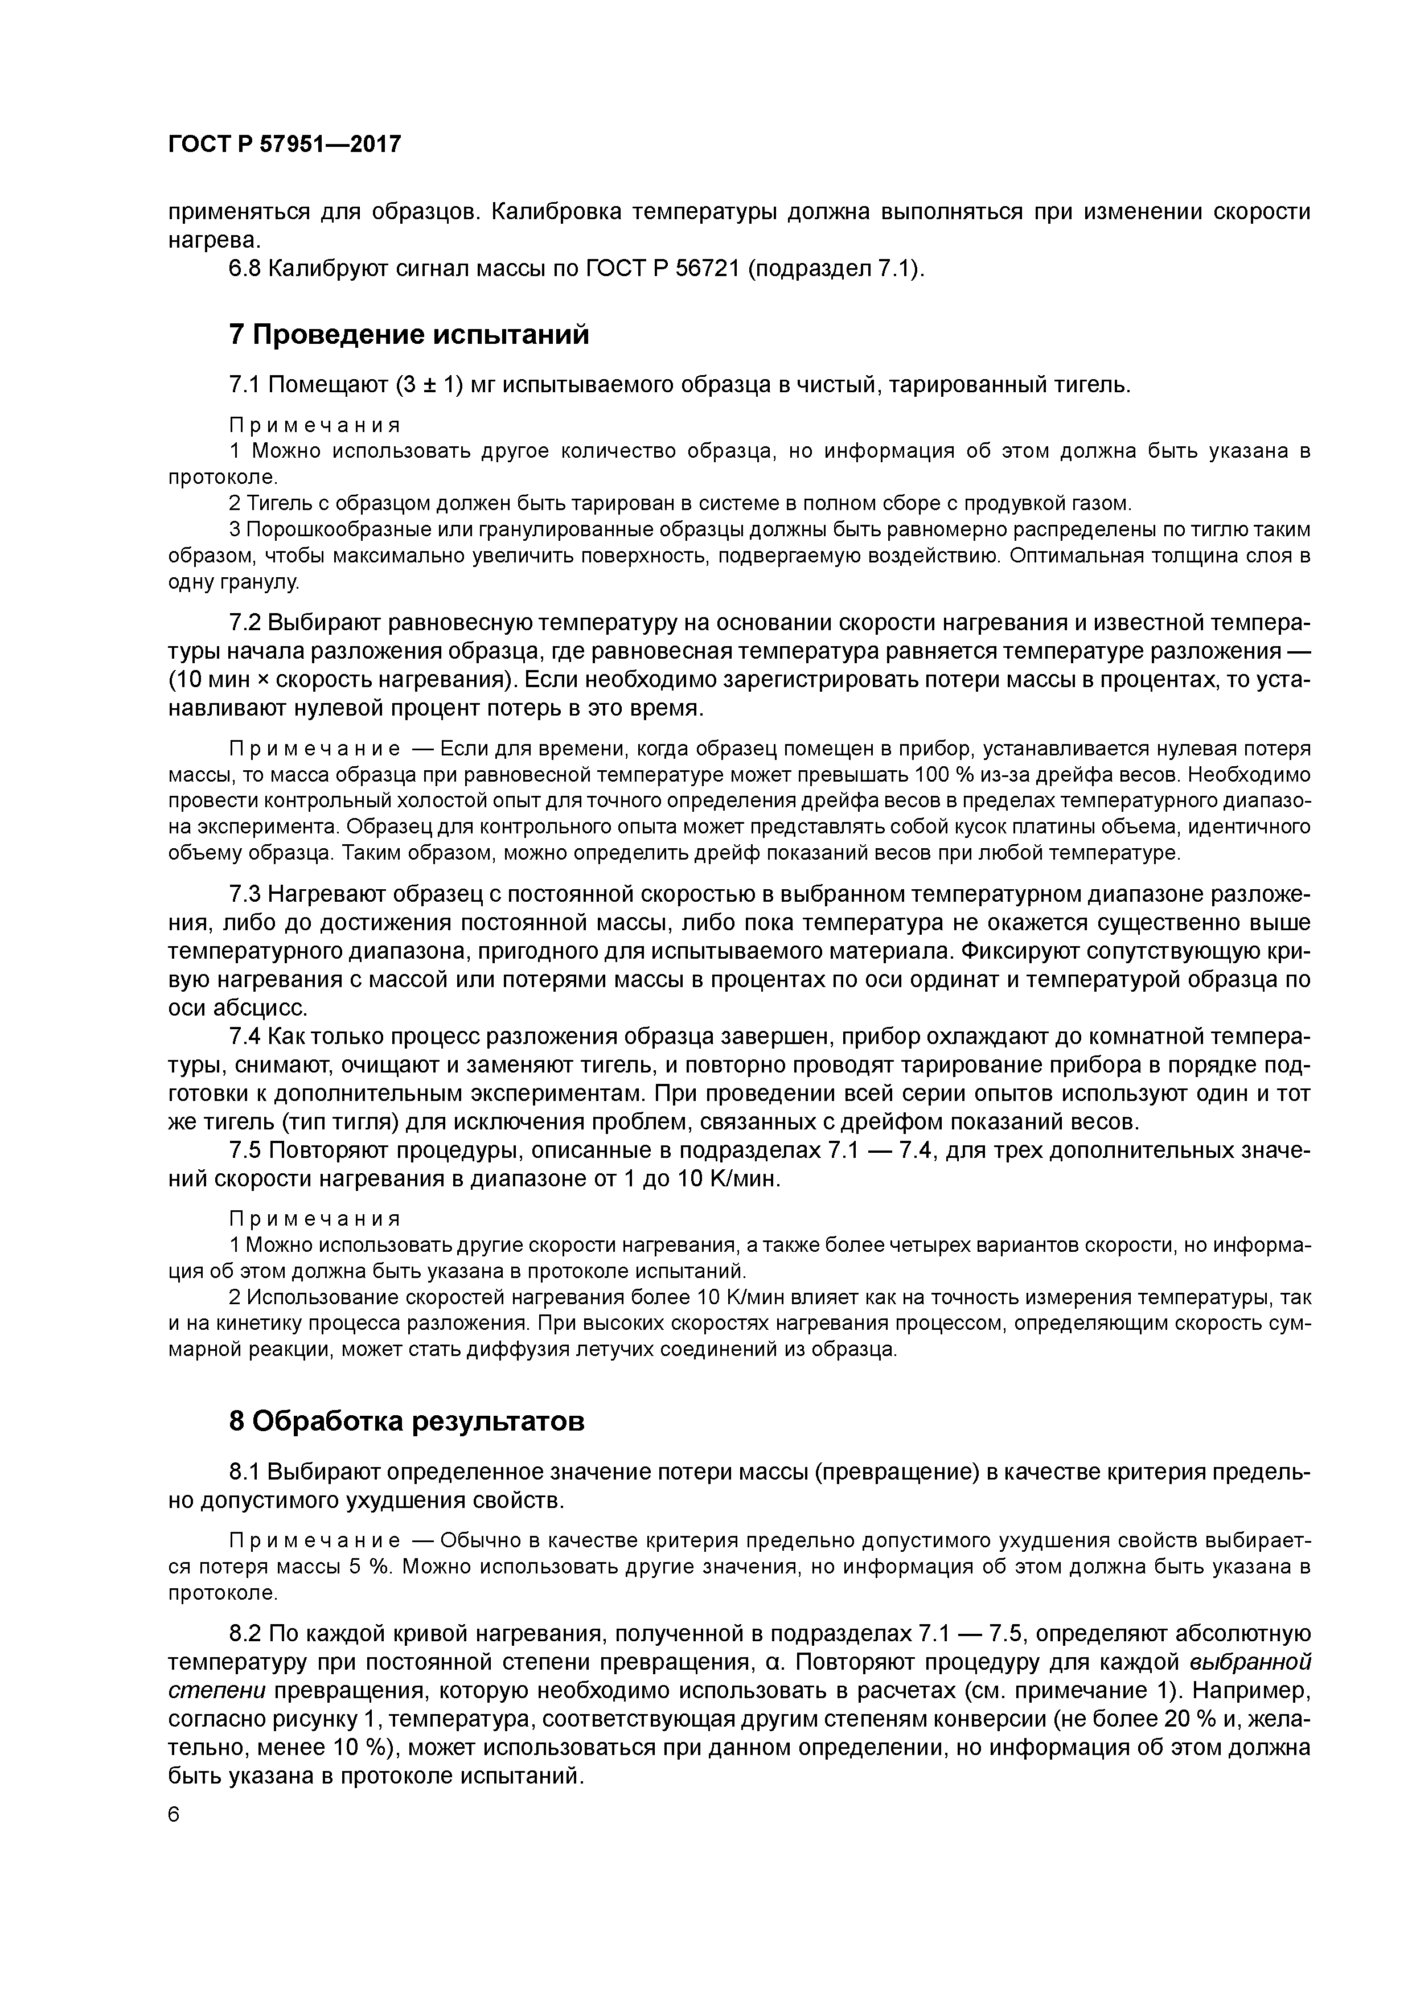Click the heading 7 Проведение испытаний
click(408, 335)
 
